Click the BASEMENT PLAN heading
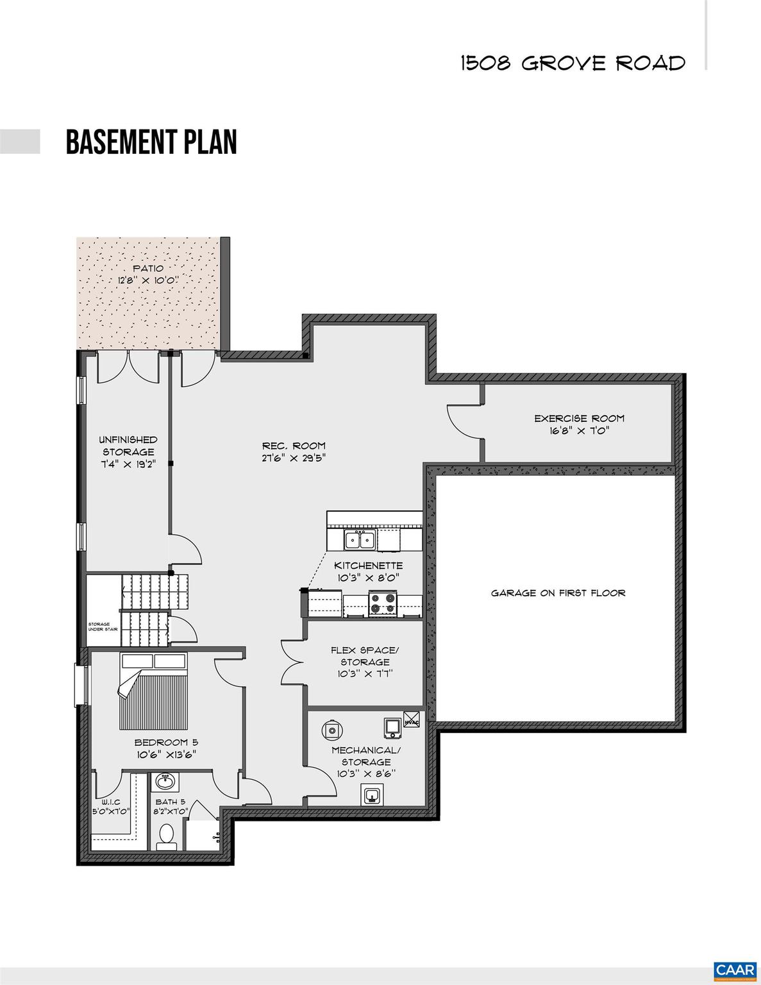click(x=151, y=142)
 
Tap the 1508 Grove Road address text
click(x=573, y=63)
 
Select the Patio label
click(x=148, y=269)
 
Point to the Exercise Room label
click(x=579, y=419)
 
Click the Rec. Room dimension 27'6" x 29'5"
click(x=293, y=458)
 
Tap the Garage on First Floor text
click(x=558, y=593)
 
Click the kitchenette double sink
click(x=360, y=540)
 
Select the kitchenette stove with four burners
click(x=382, y=603)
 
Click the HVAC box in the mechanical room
click(x=412, y=720)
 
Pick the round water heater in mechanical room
click(x=331, y=728)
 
